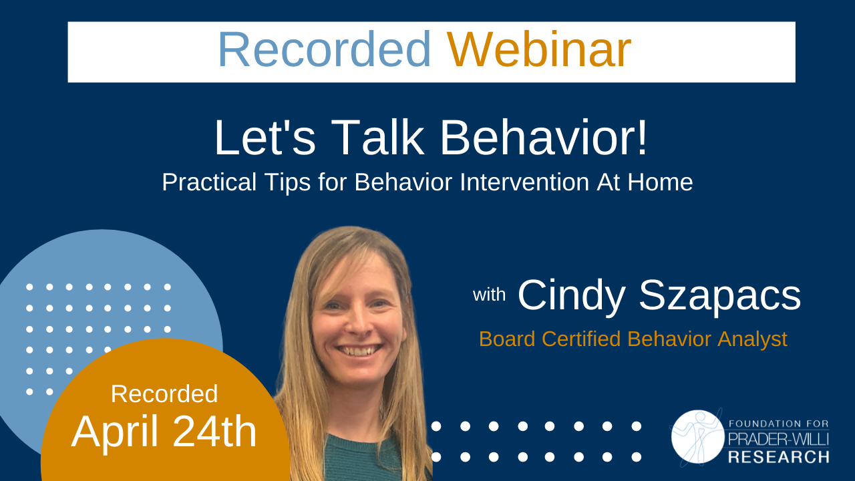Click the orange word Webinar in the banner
539,49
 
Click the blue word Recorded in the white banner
325,49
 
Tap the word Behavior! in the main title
544,138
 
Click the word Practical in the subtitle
209,182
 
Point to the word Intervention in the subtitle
524,182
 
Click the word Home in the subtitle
660,182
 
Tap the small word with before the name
489,295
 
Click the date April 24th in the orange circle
164,432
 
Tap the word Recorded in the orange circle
164,394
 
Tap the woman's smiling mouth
358,349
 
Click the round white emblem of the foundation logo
698,437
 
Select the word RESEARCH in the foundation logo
779,457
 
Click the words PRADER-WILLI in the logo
779,440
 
